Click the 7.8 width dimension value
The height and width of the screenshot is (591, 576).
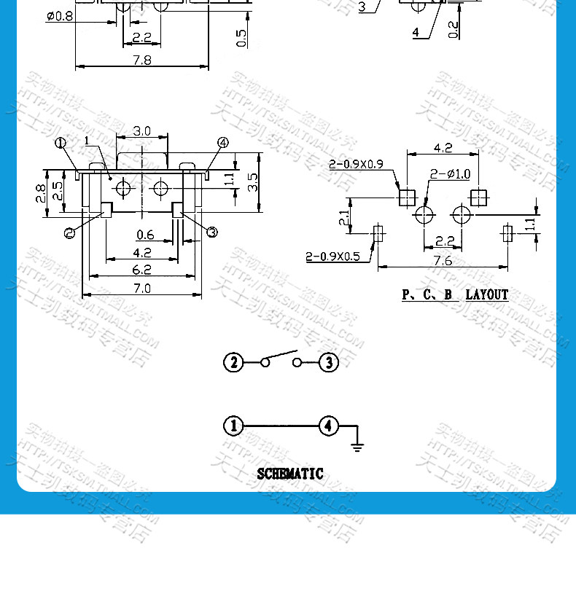141,60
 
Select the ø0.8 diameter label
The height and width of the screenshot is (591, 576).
59,16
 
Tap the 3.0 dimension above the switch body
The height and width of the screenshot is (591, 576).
141,131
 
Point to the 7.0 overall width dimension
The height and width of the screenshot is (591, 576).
141,288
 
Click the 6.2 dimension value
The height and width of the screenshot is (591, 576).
141,270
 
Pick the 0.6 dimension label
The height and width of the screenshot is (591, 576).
145,235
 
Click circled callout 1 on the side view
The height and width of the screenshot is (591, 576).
60,143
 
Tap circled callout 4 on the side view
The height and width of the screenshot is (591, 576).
222,143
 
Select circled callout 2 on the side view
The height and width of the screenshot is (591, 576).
70,232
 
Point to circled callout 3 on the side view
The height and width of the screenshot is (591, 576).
212,232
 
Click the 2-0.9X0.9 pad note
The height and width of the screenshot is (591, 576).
355,165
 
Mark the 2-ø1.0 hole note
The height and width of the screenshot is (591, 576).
450,173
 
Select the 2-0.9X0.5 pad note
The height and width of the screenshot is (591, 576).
332,256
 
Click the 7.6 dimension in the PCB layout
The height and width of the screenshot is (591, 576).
443,260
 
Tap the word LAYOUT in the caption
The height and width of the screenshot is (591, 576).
487,294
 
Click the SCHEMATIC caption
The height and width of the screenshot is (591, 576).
289,474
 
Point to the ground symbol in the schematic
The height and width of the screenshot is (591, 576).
357,446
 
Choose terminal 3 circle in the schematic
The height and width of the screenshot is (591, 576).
329,362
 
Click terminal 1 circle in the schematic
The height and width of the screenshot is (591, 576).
233,426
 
